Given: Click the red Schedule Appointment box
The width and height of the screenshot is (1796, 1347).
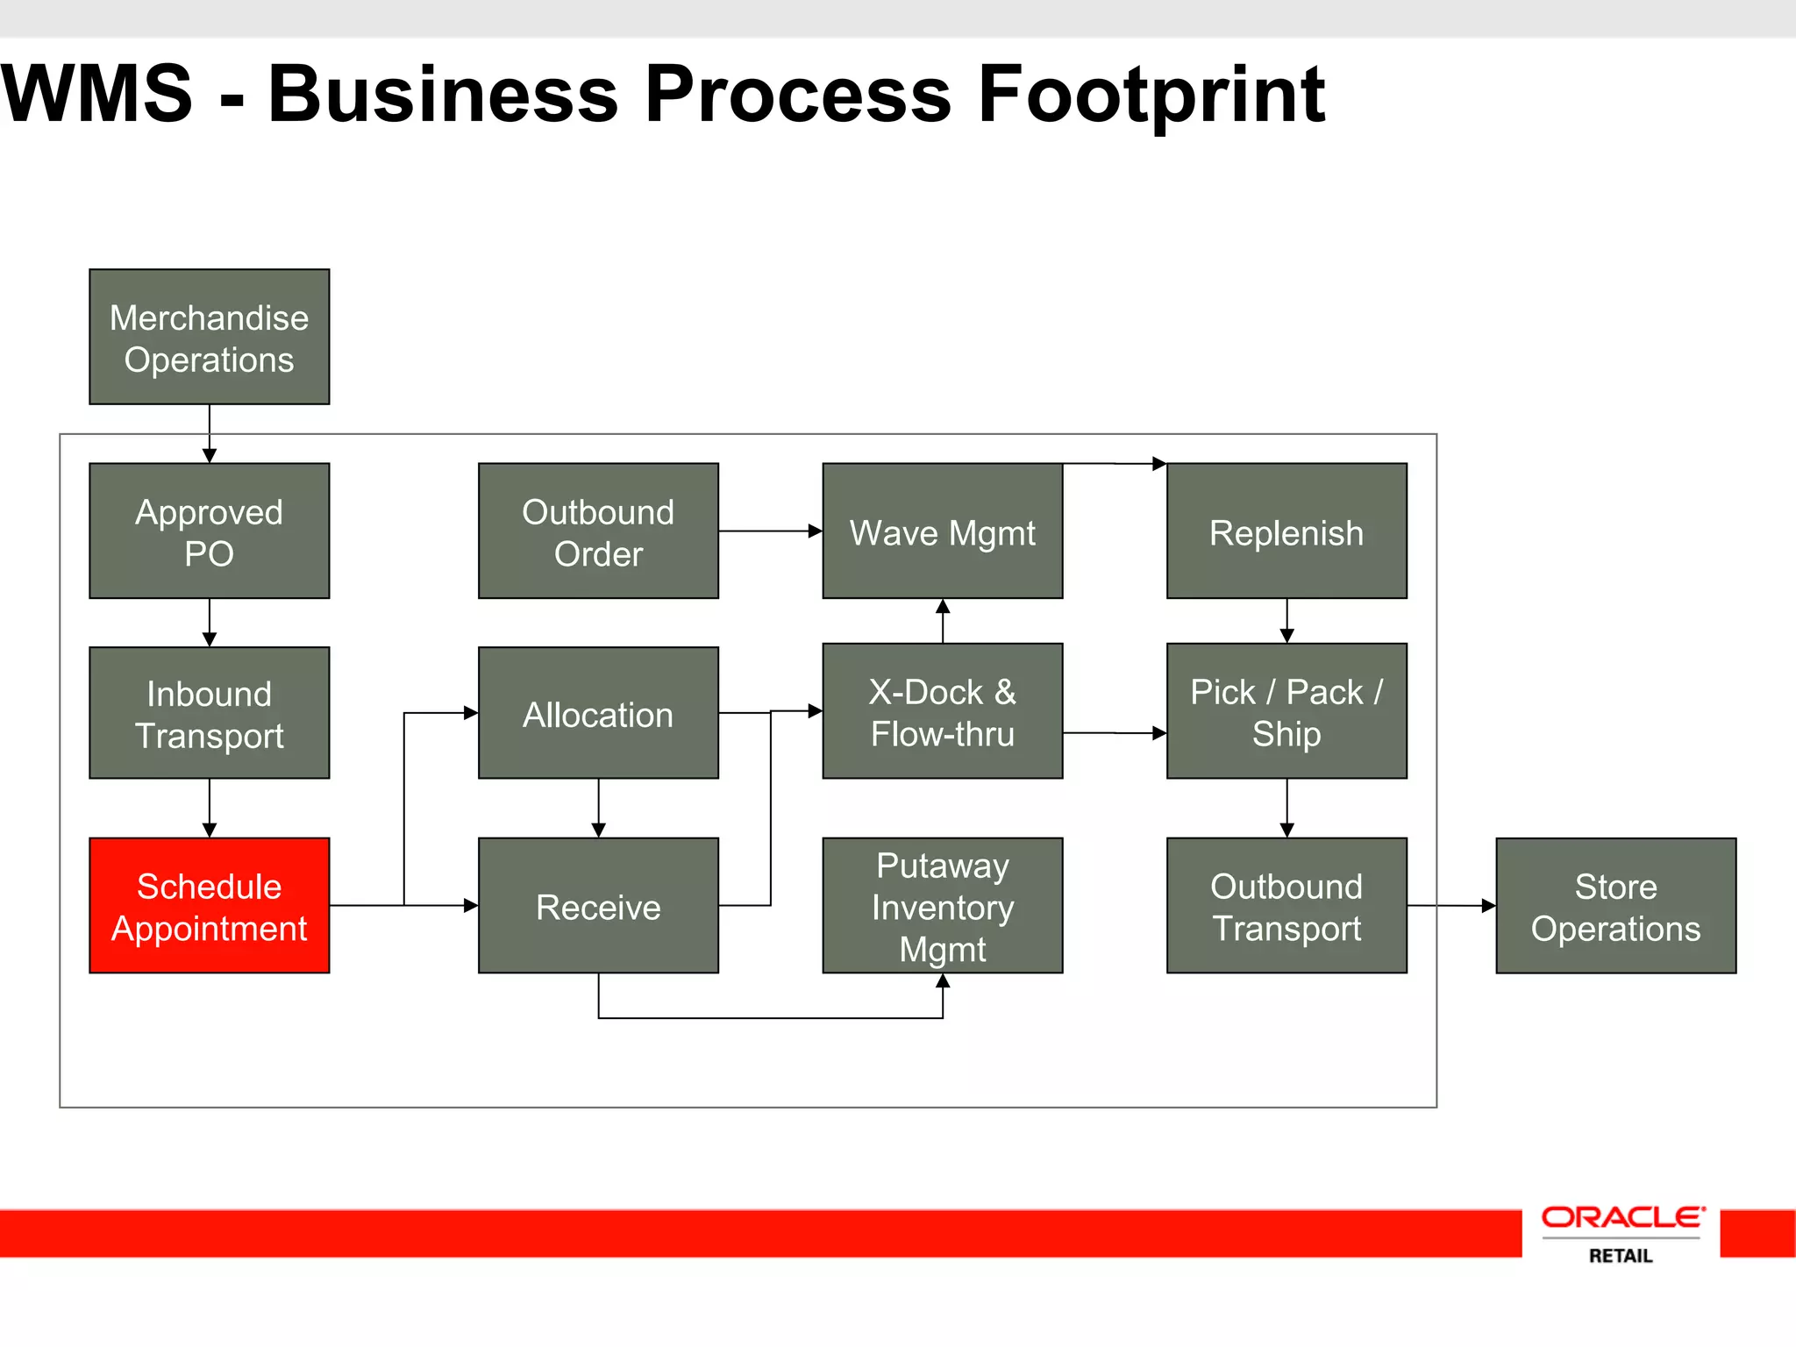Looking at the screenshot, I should click(209, 905).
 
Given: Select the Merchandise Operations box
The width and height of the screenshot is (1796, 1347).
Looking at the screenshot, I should click(209, 337).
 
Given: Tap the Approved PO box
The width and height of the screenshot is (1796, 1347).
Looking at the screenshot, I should click(209, 531).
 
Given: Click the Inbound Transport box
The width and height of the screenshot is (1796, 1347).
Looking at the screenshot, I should click(209, 713).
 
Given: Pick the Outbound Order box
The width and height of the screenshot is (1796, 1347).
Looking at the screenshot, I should click(598, 531).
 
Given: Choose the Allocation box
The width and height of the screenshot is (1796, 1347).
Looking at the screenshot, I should click(598, 713).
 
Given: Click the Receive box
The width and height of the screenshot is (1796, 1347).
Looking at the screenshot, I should click(598, 905).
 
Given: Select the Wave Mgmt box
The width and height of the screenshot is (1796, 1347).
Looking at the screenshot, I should click(942, 531).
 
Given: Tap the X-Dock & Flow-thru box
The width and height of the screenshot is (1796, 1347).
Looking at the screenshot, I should click(942, 711).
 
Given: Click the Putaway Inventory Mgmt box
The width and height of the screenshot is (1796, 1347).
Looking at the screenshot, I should click(942, 905).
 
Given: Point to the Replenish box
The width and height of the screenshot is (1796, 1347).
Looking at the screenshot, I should click(1286, 531).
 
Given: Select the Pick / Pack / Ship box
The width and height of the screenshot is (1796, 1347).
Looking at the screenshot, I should click(1286, 711).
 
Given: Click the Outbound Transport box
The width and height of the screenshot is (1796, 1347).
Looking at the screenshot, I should click(1286, 905).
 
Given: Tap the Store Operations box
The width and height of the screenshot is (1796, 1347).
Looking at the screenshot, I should click(1615, 905).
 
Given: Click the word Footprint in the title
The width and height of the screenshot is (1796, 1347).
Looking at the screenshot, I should click(1151, 95).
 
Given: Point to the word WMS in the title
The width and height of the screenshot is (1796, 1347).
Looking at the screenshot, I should click(96, 95).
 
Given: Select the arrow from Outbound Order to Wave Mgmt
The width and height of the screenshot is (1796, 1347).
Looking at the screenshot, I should click(770, 531).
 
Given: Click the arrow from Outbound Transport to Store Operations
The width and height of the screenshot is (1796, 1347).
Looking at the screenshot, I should click(1451, 905).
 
